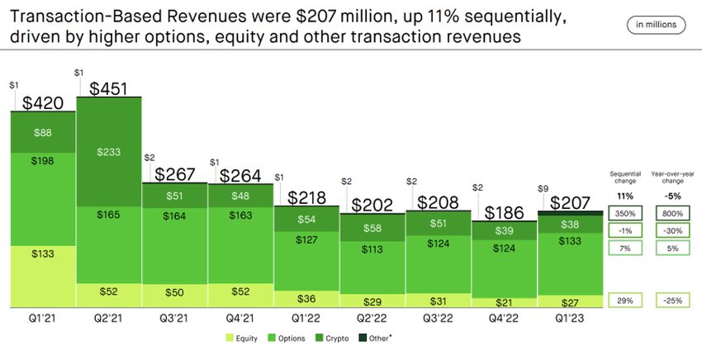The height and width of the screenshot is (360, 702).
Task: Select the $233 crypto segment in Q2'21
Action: [108, 152]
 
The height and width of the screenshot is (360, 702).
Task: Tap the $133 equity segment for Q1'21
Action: [43, 253]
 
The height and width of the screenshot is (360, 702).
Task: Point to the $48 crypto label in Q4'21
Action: [240, 197]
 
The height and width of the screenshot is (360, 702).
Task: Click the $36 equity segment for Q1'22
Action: [306, 298]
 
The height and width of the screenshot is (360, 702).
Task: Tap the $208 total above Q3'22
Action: [438, 201]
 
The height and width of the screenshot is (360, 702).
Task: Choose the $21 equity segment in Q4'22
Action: [504, 302]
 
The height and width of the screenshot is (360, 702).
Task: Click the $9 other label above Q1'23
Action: [543, 187]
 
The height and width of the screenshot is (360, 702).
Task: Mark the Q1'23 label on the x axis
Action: [569, 317]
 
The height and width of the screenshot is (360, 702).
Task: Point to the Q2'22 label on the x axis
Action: [372, 317]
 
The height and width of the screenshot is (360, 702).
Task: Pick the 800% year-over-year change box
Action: [671, 213]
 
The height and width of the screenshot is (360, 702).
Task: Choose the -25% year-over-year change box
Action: [671, 300]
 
